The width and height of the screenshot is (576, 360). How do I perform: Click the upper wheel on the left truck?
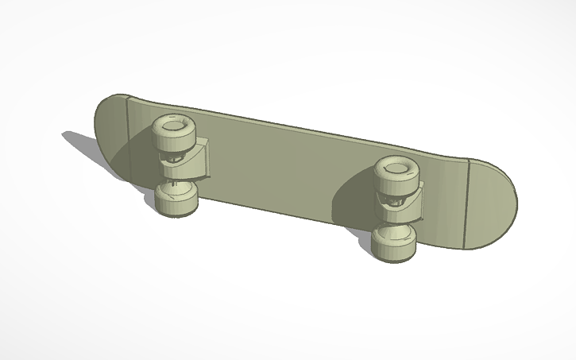coord(172,133)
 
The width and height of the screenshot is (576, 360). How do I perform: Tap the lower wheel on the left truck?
coord(176,198)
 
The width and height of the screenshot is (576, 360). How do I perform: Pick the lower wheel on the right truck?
coord(395,242)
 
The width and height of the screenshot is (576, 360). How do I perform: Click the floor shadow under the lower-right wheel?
coord(373,254)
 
